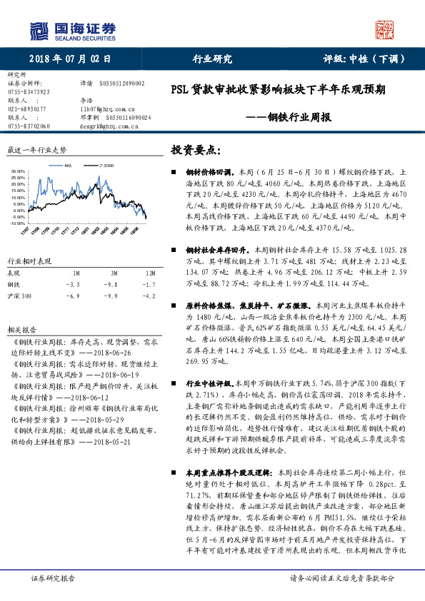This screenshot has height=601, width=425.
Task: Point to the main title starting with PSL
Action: pyautogui.click(x=279, y=91)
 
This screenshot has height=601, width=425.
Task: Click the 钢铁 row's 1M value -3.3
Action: pyautogui.click(x=76, y=283)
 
